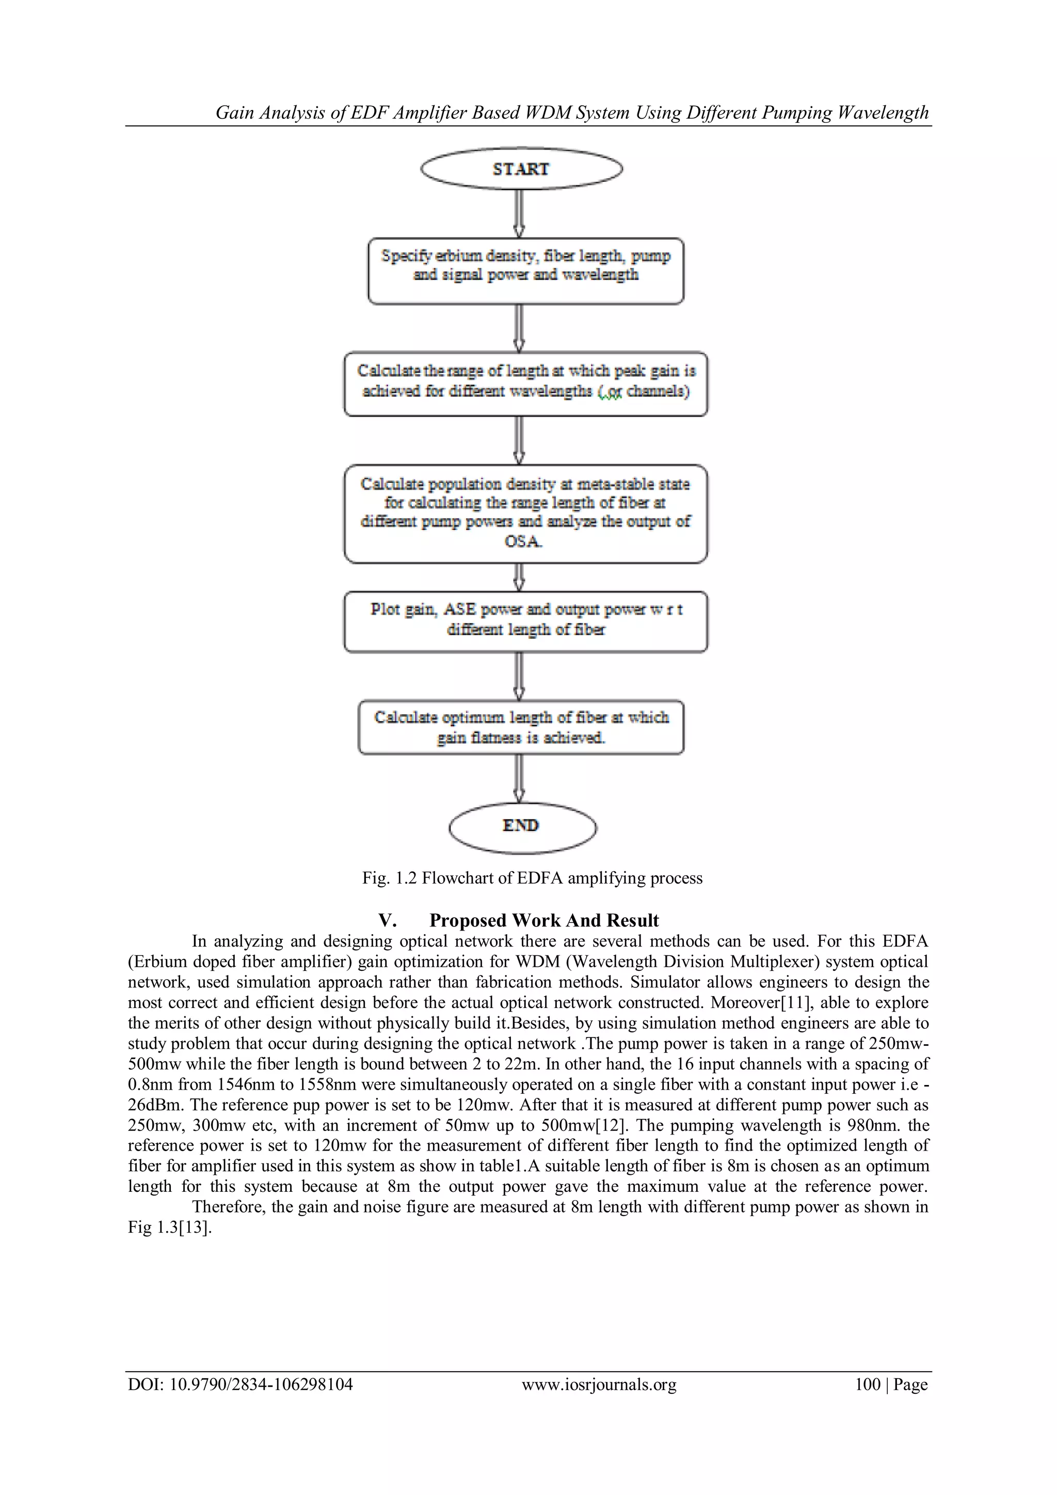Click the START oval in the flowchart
tap(521, 169)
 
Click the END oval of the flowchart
tap(522, 826)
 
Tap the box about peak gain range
tap(525, 384)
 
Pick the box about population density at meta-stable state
tap(525, 513)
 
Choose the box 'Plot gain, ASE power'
tap(525, 621)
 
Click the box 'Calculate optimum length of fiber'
tap(521, 727)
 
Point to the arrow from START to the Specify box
tap(519, 213)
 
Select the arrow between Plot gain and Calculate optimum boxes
tap(519, 676)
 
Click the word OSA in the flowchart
tap(523, 542)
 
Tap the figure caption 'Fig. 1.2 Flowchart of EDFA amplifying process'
tap(532, 878)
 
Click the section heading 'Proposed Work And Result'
tap(543, 920)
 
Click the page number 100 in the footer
tap(867, 1383)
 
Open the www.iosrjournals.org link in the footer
tap(599, 1383)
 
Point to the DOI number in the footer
tap(260, 1383)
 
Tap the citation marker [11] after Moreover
tap(912, 1002)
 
